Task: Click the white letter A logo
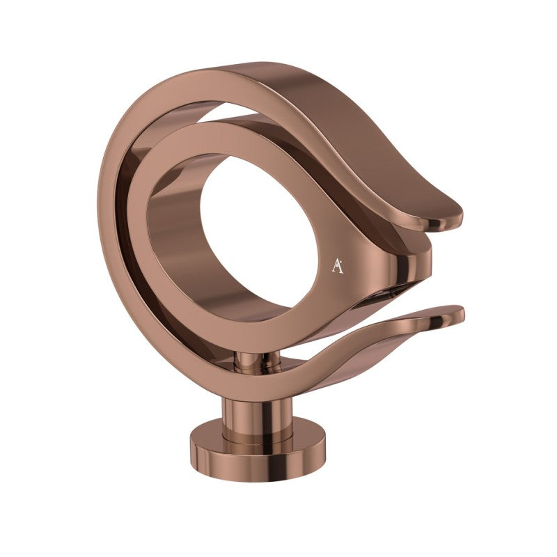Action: [337, 265]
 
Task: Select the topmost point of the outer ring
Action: [230, 64]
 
